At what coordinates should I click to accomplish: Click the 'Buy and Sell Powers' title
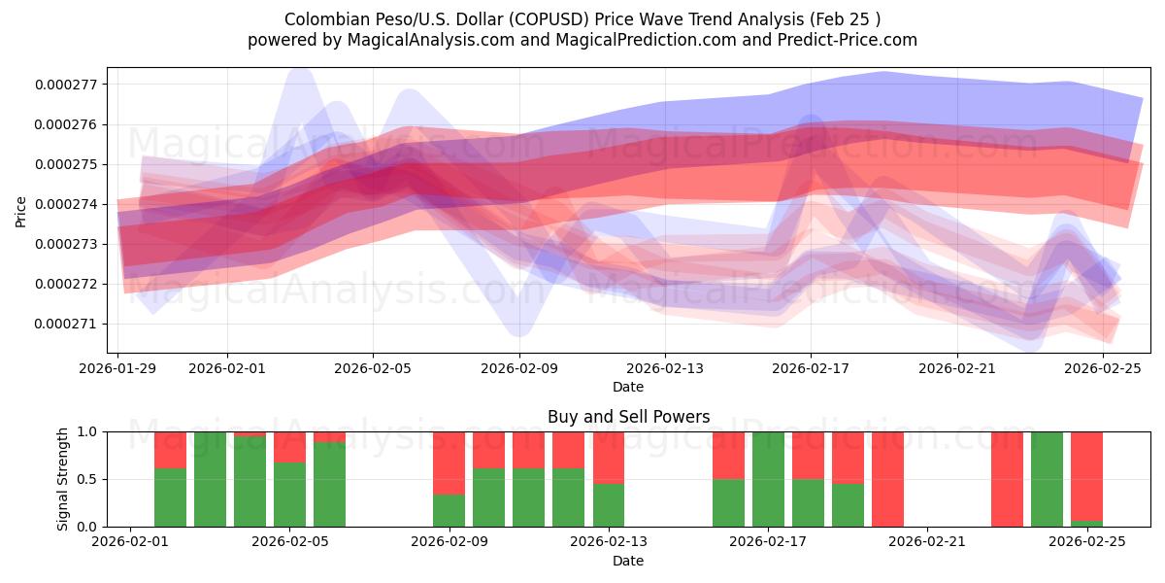click(x=628, y=417)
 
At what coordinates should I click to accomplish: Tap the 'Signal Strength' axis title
click(x=63, y=478)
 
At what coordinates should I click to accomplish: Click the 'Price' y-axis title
click(x=21, y=211)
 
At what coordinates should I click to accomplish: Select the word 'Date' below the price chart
click(x=628, y=387)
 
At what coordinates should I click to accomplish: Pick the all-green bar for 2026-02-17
click(x=768, y=479)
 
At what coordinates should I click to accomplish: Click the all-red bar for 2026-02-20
click(x=887, y=479)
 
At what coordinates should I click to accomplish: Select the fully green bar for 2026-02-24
click(x=1047, y=479)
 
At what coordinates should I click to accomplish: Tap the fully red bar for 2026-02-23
click(x=1007, y=479)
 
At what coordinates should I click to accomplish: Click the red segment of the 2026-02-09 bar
click(x=449, y=463)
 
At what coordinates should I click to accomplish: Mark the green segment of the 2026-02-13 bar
click(x=609, y=505)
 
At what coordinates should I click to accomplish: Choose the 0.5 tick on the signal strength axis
click(x=88, y=479)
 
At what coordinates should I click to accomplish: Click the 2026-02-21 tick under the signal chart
click(x=927, y=542)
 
